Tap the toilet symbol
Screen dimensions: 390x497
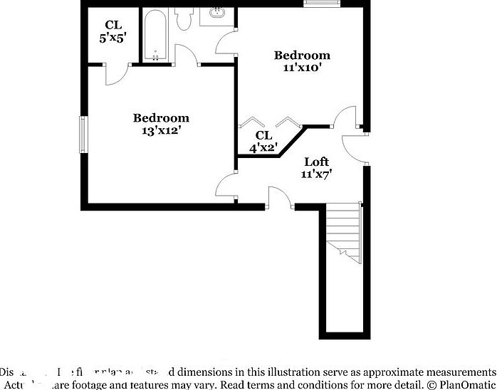[184, 19]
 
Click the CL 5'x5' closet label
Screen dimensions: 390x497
[113, 31]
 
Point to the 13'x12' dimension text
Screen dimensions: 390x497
[161, 131]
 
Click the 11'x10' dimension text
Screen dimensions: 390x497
[302, 68]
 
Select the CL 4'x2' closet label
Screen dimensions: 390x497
[263, 142]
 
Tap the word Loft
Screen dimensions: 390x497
[316, 162]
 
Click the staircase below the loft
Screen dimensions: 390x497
[344, 231]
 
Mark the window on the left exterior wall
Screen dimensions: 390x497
[83, 134]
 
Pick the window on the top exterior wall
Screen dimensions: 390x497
[322, 4]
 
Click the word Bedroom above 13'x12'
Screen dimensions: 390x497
[162, 118]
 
